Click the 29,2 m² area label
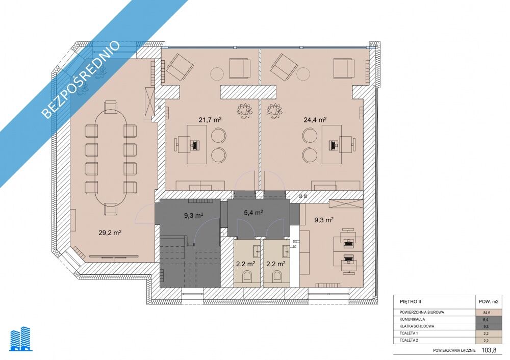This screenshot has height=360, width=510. click(x=110, y=232)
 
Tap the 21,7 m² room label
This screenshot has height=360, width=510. click(x=210, y=120)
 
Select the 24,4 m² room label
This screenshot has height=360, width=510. click(x=315, y=120)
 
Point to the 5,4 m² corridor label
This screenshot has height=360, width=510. click(x=253, y=213)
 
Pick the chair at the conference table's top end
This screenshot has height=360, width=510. click(x=111, y=107)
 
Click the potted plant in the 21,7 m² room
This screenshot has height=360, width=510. click(x=244, y=111)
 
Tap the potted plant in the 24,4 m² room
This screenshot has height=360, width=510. click(x=274, y=111)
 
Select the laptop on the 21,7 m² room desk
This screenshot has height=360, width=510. click(x=195, y=145)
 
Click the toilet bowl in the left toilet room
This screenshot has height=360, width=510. click(x=247, y=277)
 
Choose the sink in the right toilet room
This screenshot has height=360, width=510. click(x=286, y=250)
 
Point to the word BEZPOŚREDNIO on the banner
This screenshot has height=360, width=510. click(x=81, y=79)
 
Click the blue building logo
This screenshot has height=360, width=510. click(x=21, y=340)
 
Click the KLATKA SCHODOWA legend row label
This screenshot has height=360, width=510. click(x=417, y=326)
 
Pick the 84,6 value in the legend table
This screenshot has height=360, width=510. click(x=487, y=313)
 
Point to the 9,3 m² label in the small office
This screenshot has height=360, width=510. click(x=324, y=220)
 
